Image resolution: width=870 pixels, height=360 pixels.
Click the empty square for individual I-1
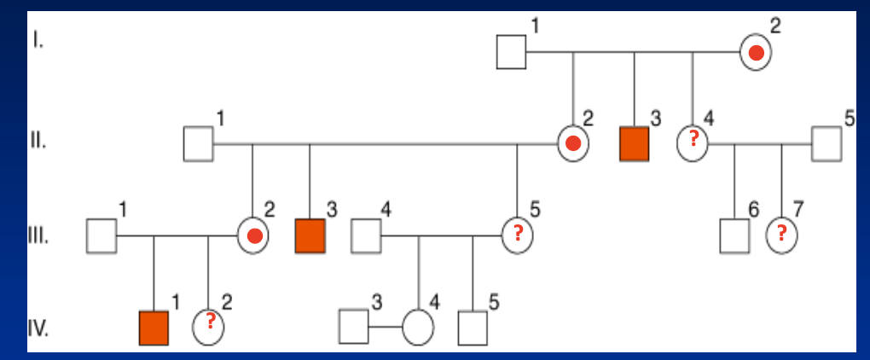(511, 53)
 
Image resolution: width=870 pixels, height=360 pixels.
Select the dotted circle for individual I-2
(756, 54)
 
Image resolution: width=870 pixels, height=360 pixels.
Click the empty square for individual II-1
(198, 143)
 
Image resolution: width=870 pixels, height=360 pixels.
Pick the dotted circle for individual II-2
(573, 143)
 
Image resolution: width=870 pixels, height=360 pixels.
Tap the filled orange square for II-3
(634, 143)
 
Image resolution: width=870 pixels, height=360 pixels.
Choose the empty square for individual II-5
(826, 143)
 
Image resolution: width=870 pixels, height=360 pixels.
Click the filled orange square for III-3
(310, 235)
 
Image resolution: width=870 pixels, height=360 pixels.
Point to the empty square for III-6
(734, 235)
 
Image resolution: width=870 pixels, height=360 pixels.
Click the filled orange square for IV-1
(154, 328)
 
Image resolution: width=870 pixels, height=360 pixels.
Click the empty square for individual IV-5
(473, 328)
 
